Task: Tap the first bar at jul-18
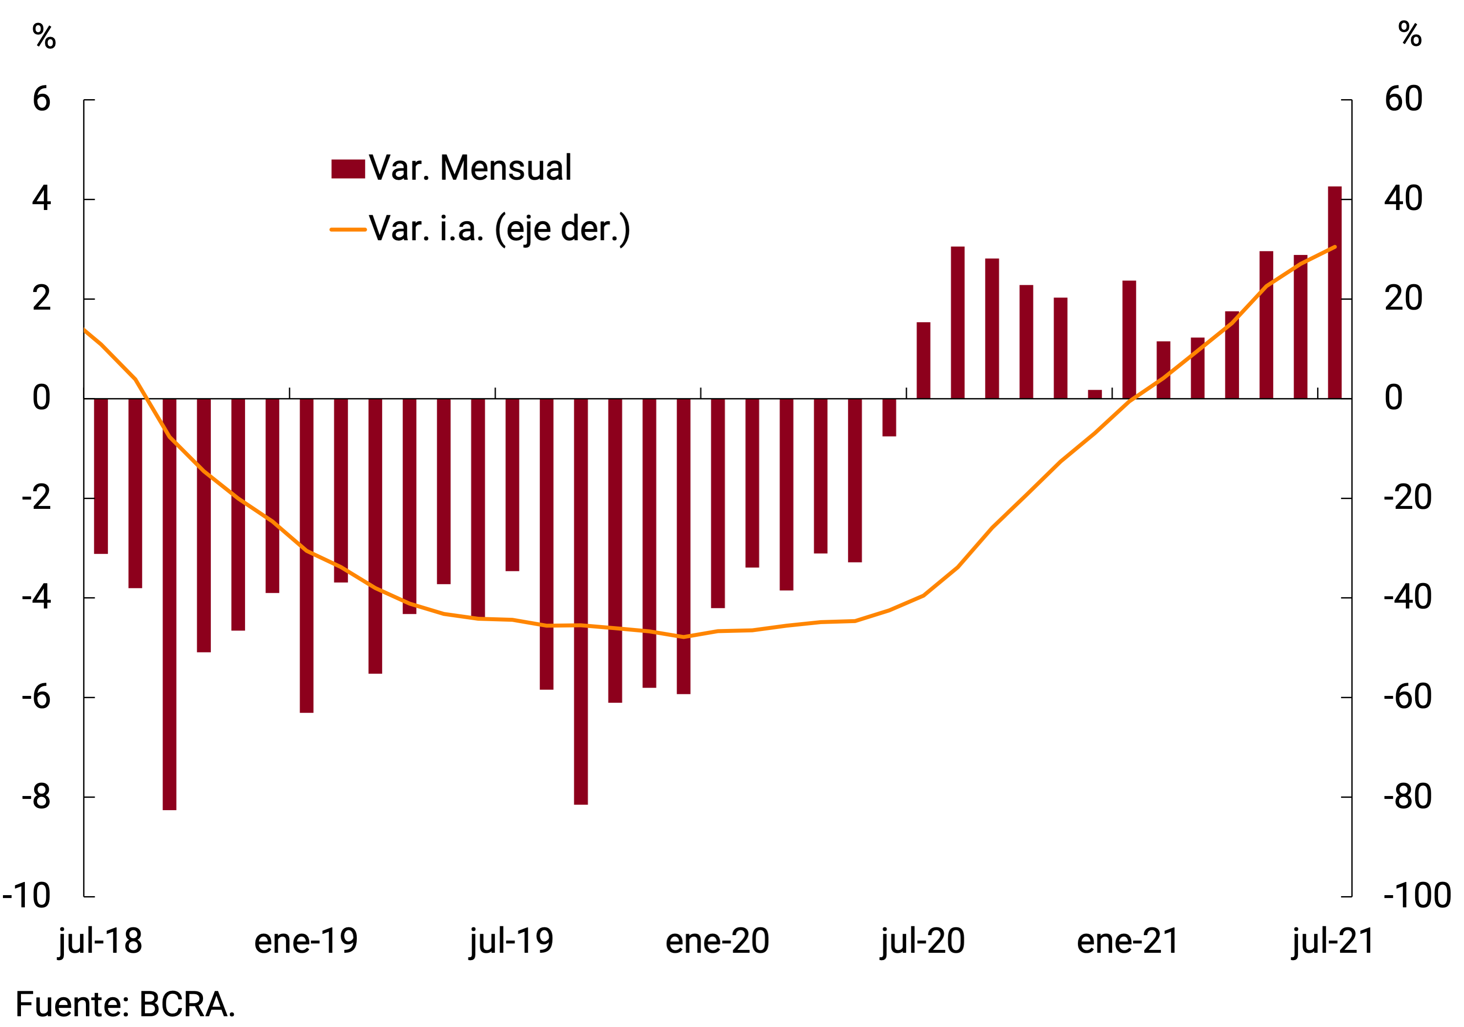pyautogui.click(x=101, y=476)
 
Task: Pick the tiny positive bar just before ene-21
pyautogui.click(x=1095, y=394)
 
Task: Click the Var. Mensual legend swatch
pyautogui.click(x=348, y=169)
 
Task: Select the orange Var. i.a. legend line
pyautogui.click(x=348, y=230)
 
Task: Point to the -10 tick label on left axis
pyautogui.click(x=27, y=896)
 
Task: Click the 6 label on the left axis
pyautogui.click(x=41, y=100)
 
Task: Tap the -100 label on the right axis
pyautogui.click(x=1417, y=896)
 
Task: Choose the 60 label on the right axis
pyautogui.click(x=1403, y=100)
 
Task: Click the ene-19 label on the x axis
pyautogui.click(x=306, y=942)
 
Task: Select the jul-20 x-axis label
pyautogui.click(x=923, y=942)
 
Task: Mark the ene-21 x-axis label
pyautogui.click(x=1128, y=942)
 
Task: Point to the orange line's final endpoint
pyautogui.click(x=1335, y=247)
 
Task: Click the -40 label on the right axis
pyautogui.click(x=1407, y=598)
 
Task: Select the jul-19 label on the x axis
pyautogui.click(x=512, y=942)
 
